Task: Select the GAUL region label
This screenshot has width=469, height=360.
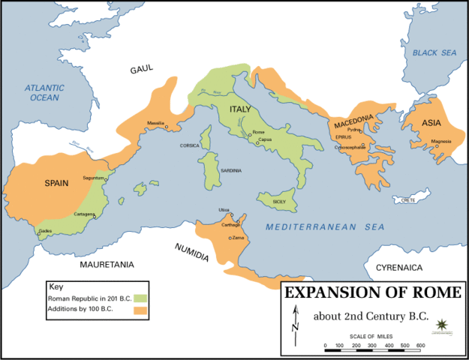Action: click(x=141, y=68)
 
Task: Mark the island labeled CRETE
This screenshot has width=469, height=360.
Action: click(x=408, y=200)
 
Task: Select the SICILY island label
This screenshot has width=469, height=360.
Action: click(x=278, y=202)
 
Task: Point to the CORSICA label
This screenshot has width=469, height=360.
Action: click(x=189, y=145)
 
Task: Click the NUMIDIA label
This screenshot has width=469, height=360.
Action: click(x=192, y=251)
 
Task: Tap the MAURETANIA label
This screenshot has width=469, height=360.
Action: click(x=107, y=265)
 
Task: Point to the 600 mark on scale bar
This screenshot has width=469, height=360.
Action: click(x=420, y=346)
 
